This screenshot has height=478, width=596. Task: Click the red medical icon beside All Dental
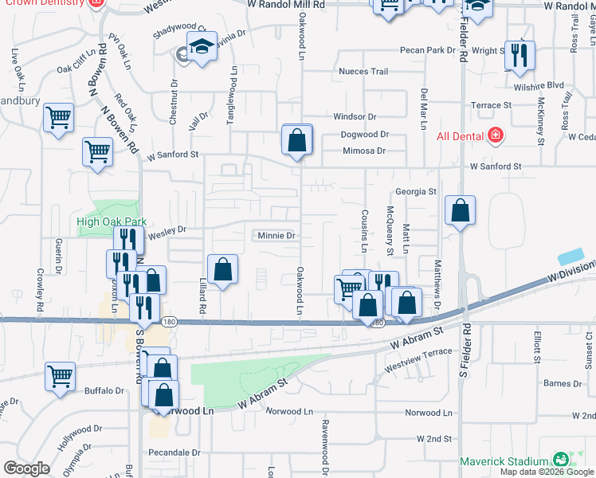496,135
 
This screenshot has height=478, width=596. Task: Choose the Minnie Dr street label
276,236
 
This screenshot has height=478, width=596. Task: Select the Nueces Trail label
363,72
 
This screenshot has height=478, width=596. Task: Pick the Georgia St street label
416,192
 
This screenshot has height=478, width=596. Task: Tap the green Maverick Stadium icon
562,460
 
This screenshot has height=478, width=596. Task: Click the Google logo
26,468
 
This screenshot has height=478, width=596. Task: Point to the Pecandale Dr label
174,452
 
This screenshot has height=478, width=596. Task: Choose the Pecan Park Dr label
428,50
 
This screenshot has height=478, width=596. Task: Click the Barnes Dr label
564,384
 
